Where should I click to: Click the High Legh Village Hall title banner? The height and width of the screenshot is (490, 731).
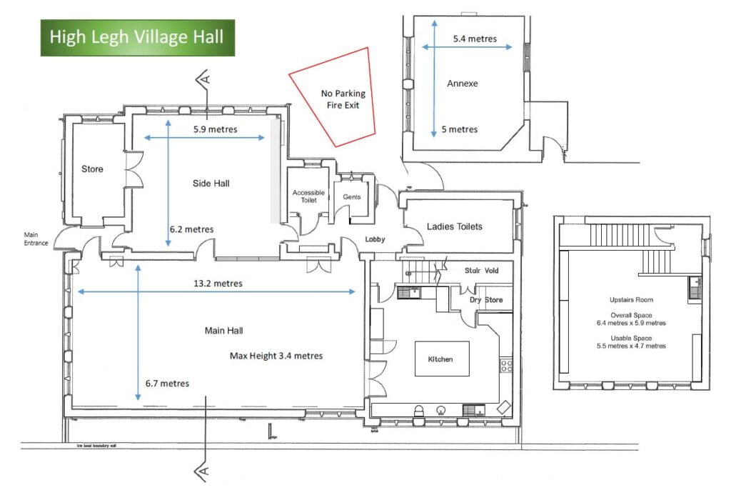[137, 36]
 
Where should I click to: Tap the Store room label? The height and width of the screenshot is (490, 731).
[92, 169]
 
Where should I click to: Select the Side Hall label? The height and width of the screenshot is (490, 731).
[211, 184]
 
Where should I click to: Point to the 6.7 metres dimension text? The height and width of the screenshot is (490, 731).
[167, 384]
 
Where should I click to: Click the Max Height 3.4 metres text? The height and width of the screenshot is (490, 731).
[276, 356]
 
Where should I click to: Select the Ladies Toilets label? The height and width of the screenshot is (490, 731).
[455, 226]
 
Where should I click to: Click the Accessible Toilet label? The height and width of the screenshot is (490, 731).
[308, 196]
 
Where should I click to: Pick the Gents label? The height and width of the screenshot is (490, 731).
[352, 197]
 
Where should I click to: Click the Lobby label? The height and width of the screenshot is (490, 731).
[375, 240]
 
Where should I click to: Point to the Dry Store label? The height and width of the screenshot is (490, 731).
[485, 300]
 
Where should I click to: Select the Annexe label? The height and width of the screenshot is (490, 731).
[463, 84]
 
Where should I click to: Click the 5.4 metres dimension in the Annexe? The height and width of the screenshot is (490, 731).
[475, 39]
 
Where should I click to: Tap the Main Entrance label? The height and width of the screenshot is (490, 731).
[36, 239]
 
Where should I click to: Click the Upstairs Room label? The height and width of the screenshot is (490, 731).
[631, 300]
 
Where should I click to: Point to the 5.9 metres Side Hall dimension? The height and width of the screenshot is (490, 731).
[216, 130]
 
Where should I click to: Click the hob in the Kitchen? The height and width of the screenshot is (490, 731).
[507, 366]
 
